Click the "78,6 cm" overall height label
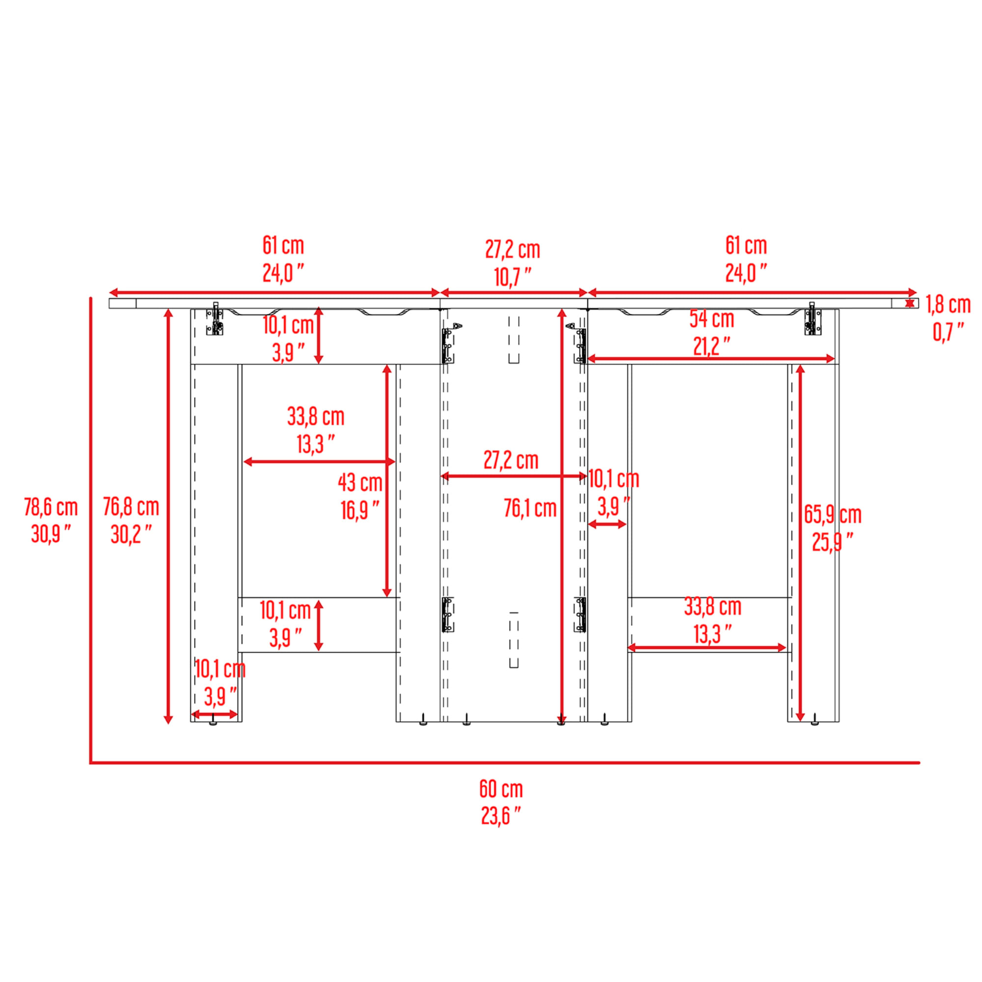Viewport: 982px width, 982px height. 51,507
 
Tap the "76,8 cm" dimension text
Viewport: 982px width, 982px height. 131,507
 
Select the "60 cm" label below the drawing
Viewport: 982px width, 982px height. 501,789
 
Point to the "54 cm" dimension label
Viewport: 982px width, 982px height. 711,319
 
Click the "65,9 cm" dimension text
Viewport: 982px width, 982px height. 833,515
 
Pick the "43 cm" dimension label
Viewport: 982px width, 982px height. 360,482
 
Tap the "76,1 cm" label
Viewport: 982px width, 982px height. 530,508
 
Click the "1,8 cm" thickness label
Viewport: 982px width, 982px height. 949,304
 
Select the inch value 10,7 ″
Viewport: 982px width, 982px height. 512,277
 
